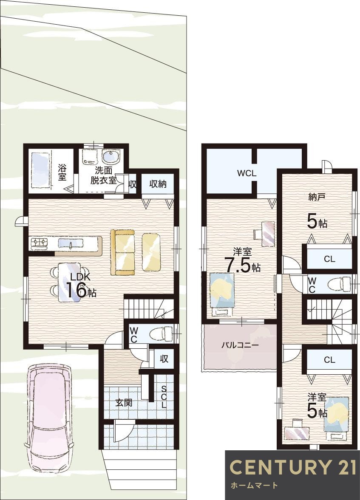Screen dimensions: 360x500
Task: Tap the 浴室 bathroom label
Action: tap(62, 172)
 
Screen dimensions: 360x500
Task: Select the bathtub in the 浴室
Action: tap(40, 170)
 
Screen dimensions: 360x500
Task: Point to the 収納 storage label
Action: tap(158, 184)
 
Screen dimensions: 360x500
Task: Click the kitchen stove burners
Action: tap(39, 244)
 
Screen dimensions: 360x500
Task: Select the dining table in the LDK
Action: tap(68, 281)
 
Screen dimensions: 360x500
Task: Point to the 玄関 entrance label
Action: tap(124, 403)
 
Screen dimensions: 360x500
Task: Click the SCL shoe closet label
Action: tap(164, 397)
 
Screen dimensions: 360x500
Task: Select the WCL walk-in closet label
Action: tap(247, 173)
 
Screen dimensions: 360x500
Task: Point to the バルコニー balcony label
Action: tap(240, 345)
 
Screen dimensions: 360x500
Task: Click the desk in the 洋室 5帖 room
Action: tap(297, 431)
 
